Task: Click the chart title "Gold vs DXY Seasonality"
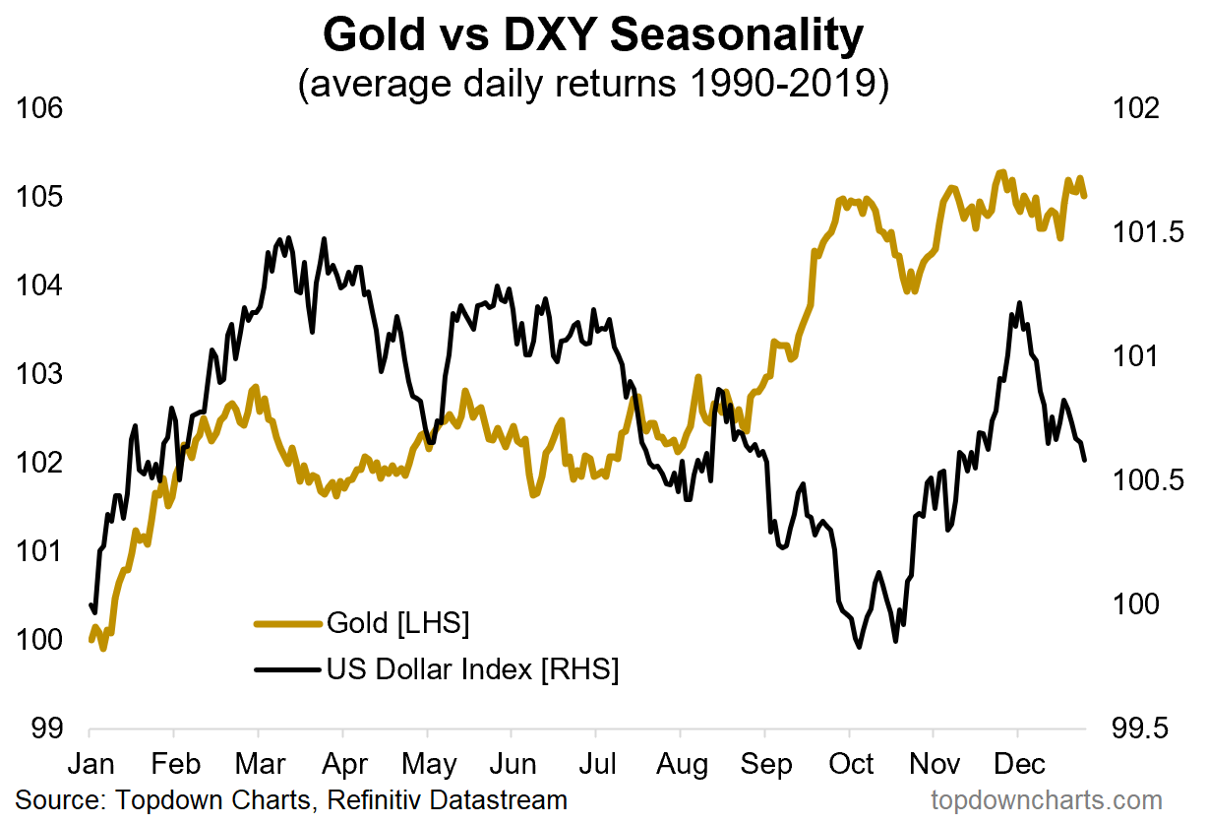tap(592, 36)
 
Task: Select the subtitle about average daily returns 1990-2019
tap(593, 85)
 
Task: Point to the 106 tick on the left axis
tap(40, 109)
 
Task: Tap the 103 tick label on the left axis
tap(40, 375)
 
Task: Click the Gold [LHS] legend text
tap(397, 623)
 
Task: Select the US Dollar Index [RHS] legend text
tap(472, 670)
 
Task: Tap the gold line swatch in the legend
tap(287, 623)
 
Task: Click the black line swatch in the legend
tap(287, 670)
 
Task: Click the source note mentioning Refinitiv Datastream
tap(291, 799)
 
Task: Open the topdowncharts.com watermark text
tap(1047, 799)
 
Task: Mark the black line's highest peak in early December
tap(1019, 303)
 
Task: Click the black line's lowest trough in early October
tap(860, 647)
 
